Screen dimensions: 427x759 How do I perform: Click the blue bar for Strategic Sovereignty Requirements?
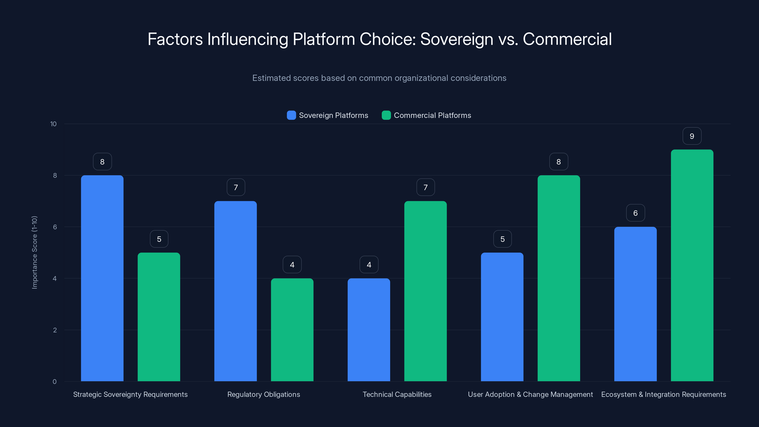coord(102,278)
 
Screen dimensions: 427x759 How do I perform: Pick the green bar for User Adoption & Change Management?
coord(559,278)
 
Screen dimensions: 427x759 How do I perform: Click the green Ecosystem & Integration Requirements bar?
coord(692,265)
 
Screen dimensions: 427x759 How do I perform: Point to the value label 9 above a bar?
coord(692,136)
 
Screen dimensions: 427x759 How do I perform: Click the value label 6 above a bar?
coord(635,213)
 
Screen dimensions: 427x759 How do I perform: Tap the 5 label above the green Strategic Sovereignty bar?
coord(159,239)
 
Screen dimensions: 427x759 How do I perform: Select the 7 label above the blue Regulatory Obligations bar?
coord(236,187)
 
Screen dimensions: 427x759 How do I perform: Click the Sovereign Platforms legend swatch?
coord(291,115)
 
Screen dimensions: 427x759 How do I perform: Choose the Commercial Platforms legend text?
coord(432,115)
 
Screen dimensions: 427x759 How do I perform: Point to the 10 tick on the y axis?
coord(53,124)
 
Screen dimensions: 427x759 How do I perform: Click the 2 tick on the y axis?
coord(55,330)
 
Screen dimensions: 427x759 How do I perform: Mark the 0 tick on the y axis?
coord(55,382)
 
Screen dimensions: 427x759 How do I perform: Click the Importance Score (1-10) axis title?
coord(34,253)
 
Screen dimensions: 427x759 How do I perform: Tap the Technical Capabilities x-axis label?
coord(397,394)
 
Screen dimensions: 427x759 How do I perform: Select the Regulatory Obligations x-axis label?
coord(264,394)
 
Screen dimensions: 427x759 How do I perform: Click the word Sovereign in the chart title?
coord(456,39)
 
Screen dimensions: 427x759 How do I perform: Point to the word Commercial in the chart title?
coord(567,39)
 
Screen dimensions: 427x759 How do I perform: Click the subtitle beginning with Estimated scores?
coord(379,78)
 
